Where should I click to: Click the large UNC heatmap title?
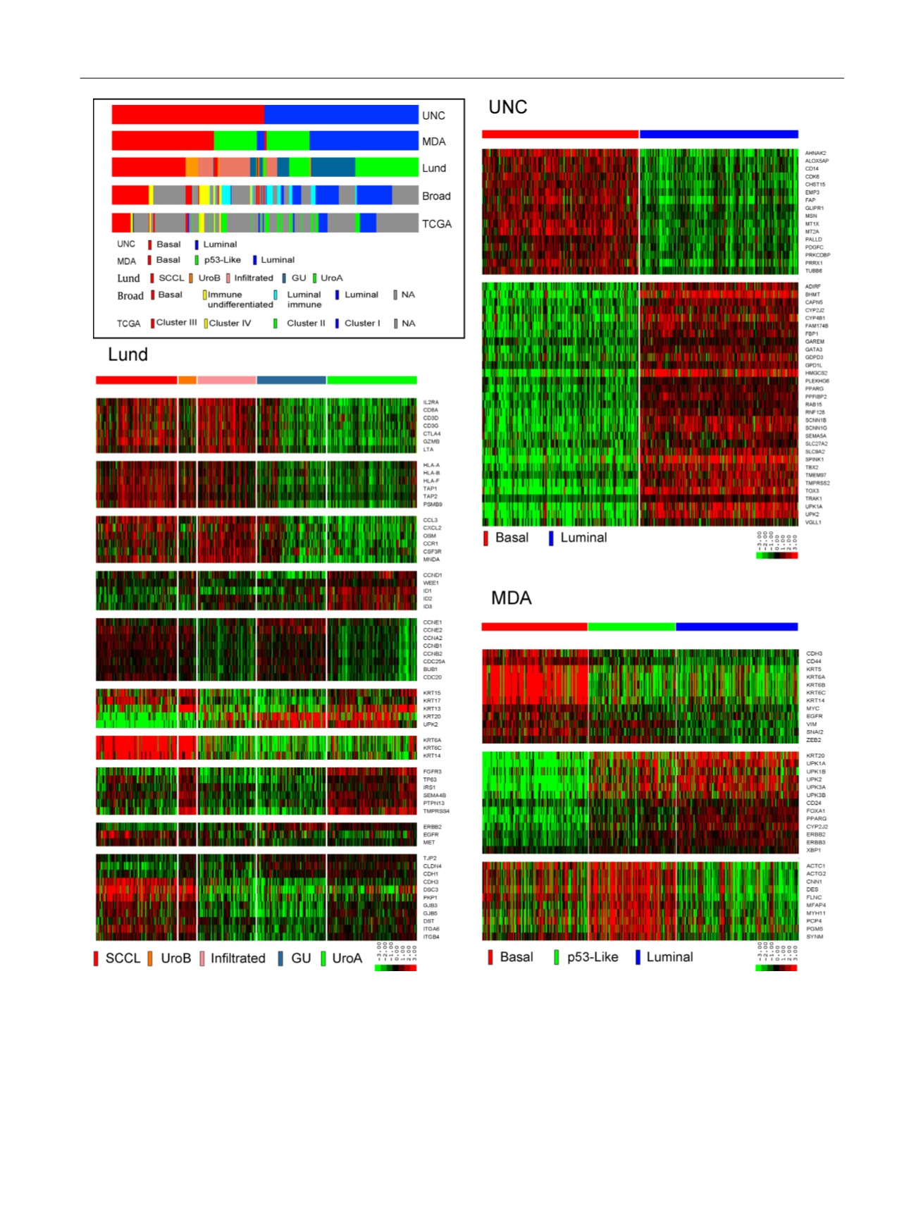point(507,107)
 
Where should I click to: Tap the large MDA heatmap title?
point(511,598)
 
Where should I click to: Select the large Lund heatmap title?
point(128,354)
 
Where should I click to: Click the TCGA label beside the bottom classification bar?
point(436,224)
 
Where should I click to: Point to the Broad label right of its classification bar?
point(436,196)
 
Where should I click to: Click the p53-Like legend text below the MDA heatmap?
point(592,957)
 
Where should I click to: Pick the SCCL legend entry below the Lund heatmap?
point(123,958)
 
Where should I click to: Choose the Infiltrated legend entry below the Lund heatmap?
point(237,958)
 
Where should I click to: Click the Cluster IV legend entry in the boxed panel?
point(229,323)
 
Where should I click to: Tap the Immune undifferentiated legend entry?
point(240,300)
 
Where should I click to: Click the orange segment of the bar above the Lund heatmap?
point(187,381)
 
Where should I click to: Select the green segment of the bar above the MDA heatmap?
point(631,627)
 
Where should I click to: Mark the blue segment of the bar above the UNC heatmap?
point(719,134)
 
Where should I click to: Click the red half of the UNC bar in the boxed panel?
point(187,115)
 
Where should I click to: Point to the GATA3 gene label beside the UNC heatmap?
point(814,350)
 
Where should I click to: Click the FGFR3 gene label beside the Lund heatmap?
point(432,772)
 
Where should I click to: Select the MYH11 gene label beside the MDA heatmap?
point(815,913)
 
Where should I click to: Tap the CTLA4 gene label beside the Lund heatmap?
point(431,434)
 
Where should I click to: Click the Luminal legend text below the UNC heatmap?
point(583,538)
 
